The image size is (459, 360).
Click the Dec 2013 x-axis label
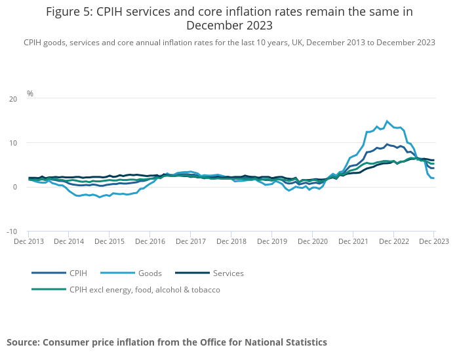(x=29, y=241)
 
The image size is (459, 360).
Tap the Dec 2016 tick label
(x=150, y=241)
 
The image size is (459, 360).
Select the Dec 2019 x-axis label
(x=271, y=241)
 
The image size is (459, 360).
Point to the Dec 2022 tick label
(x=393, y=241)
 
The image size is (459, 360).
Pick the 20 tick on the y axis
(x=12, y=99)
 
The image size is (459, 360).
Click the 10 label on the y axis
(x=13, y=143)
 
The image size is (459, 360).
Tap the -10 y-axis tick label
(x=11, y=231)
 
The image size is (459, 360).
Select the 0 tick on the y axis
(x=15, y=188)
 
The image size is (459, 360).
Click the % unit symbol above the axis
(x=30, y=94)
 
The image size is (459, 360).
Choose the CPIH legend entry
(x=77, y=273)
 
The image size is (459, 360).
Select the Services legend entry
(x=228, y=273)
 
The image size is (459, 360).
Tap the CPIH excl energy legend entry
(x=144, y=289)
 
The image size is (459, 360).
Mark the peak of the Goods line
(x=387, y=121)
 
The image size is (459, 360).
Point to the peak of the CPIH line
(x=387, y=144)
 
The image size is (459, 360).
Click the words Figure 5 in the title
(x=70, y=12)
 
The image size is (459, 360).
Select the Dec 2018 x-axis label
(x=231, y=241)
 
